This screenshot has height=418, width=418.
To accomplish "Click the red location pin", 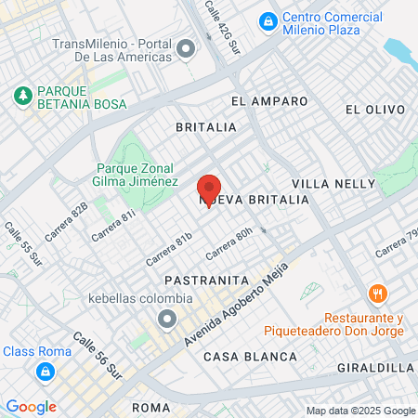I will coord(209,189).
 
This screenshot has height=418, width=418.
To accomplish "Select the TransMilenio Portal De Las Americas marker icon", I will coord(186,47).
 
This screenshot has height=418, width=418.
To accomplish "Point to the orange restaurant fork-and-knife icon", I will coord(377,294).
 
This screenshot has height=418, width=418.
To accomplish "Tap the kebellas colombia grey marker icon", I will coord(167,320).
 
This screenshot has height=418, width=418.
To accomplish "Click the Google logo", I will coord(31,407).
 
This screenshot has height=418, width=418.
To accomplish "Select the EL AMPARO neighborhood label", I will coord(269,100).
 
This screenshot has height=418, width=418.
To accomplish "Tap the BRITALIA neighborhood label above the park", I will coord(206,126).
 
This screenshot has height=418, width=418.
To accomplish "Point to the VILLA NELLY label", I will coord(325,185).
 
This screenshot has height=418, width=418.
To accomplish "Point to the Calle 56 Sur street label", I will coord(98,358).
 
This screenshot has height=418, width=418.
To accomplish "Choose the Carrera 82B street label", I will coord(66,220).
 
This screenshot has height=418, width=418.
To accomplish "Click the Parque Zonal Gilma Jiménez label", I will coord(137,175).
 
